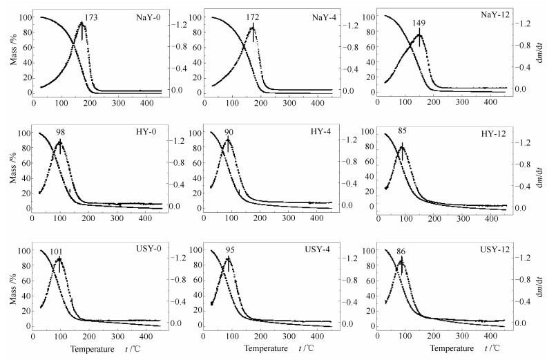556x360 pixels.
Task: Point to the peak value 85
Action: click(401, 131)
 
